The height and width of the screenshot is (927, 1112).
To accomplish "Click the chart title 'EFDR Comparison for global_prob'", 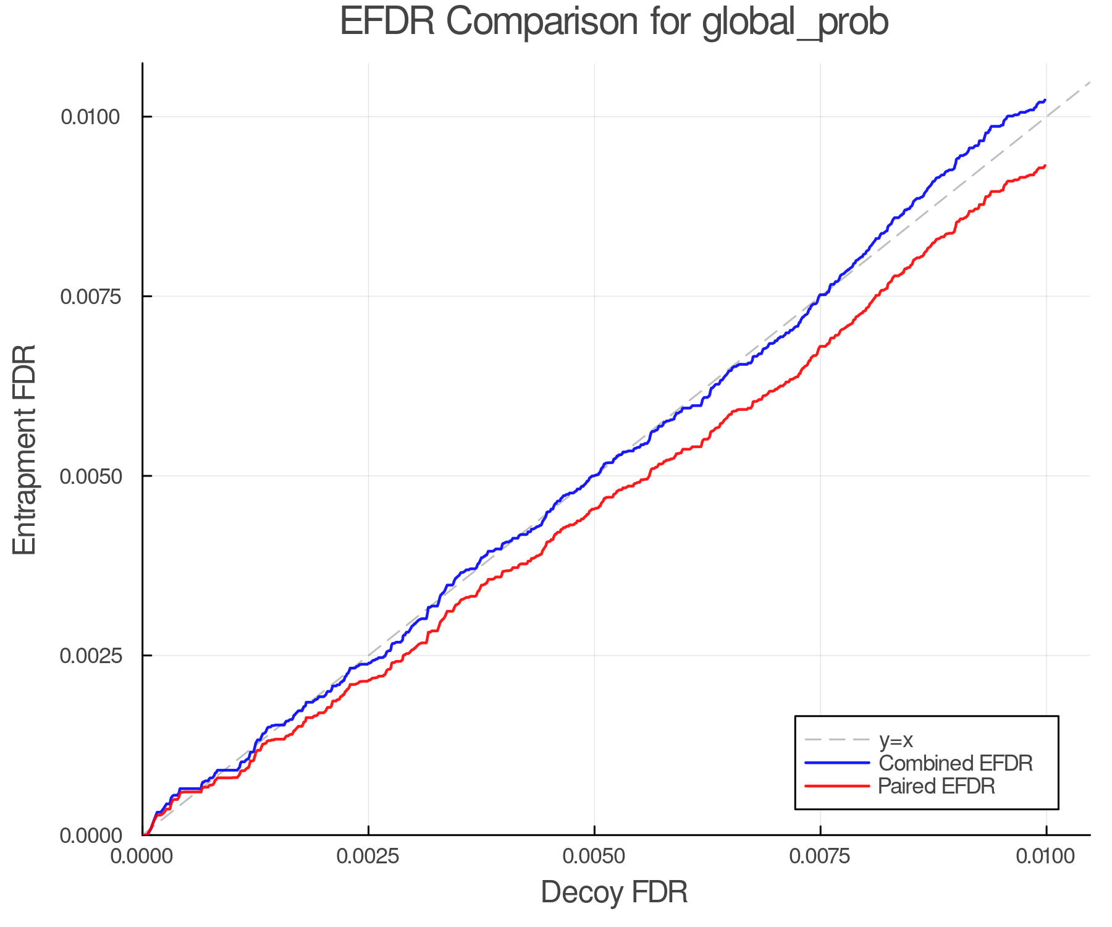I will (614, 22).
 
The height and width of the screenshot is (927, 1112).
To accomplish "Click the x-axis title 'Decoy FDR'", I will (614, 892).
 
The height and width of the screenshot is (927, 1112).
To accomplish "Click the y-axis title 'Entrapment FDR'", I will (25, 449).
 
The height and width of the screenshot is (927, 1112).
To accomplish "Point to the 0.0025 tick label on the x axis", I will (368, 857).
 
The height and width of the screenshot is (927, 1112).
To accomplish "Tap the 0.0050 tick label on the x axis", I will (594, 857).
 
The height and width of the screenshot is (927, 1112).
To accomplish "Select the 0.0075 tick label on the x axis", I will (820, 857).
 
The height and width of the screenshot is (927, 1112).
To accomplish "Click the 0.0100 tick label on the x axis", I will (1046, 857).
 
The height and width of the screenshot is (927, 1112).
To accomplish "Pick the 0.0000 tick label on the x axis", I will (142, 857).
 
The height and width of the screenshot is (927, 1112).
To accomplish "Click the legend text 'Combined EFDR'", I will (955, 763).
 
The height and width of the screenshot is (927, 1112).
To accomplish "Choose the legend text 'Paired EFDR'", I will (937, 786).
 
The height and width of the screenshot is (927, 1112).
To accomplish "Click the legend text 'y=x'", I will (896, 740).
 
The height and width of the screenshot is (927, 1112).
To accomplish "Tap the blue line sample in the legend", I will (837, 763).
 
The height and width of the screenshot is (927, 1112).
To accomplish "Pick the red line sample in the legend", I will (837, 786).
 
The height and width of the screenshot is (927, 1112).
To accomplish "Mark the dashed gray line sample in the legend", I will (837, 740).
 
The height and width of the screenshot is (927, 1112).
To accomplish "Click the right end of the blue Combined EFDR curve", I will (1045, 100).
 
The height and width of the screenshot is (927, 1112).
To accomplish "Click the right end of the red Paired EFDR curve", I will (1045, 166).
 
